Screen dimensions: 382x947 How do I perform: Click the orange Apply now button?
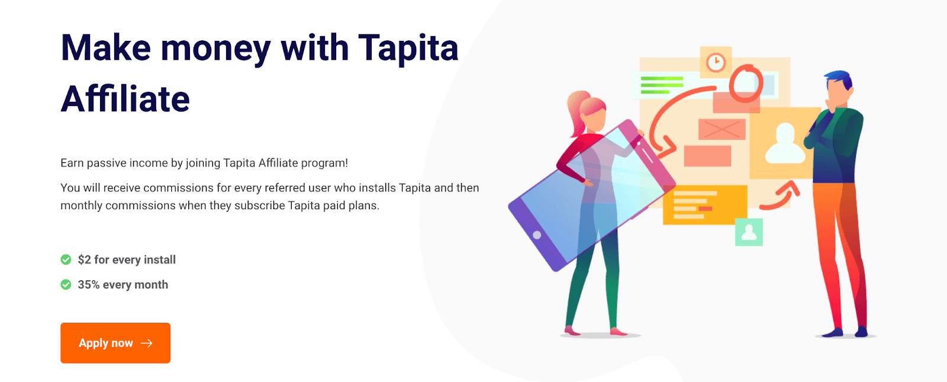(115, 343)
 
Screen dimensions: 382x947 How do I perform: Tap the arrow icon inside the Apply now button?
(147, 343)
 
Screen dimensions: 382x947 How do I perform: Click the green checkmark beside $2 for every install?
(66, 259)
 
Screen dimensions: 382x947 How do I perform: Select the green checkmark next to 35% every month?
(66, 284)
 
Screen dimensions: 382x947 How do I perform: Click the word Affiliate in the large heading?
(125, 99)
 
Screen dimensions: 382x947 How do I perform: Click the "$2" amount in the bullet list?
(85, 259)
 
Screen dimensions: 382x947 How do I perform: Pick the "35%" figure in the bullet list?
(89, 285)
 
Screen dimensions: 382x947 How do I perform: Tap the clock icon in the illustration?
(716, 62)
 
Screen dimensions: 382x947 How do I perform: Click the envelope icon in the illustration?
(721, 129)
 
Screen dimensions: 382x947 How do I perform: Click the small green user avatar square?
(749, 232)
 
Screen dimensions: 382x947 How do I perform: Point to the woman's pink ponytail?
(576, 107)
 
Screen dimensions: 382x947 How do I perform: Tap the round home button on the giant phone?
(537, 235)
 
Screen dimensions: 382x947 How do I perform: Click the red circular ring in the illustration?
(745, 84)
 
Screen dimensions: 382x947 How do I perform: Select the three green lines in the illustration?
(662, 85)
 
